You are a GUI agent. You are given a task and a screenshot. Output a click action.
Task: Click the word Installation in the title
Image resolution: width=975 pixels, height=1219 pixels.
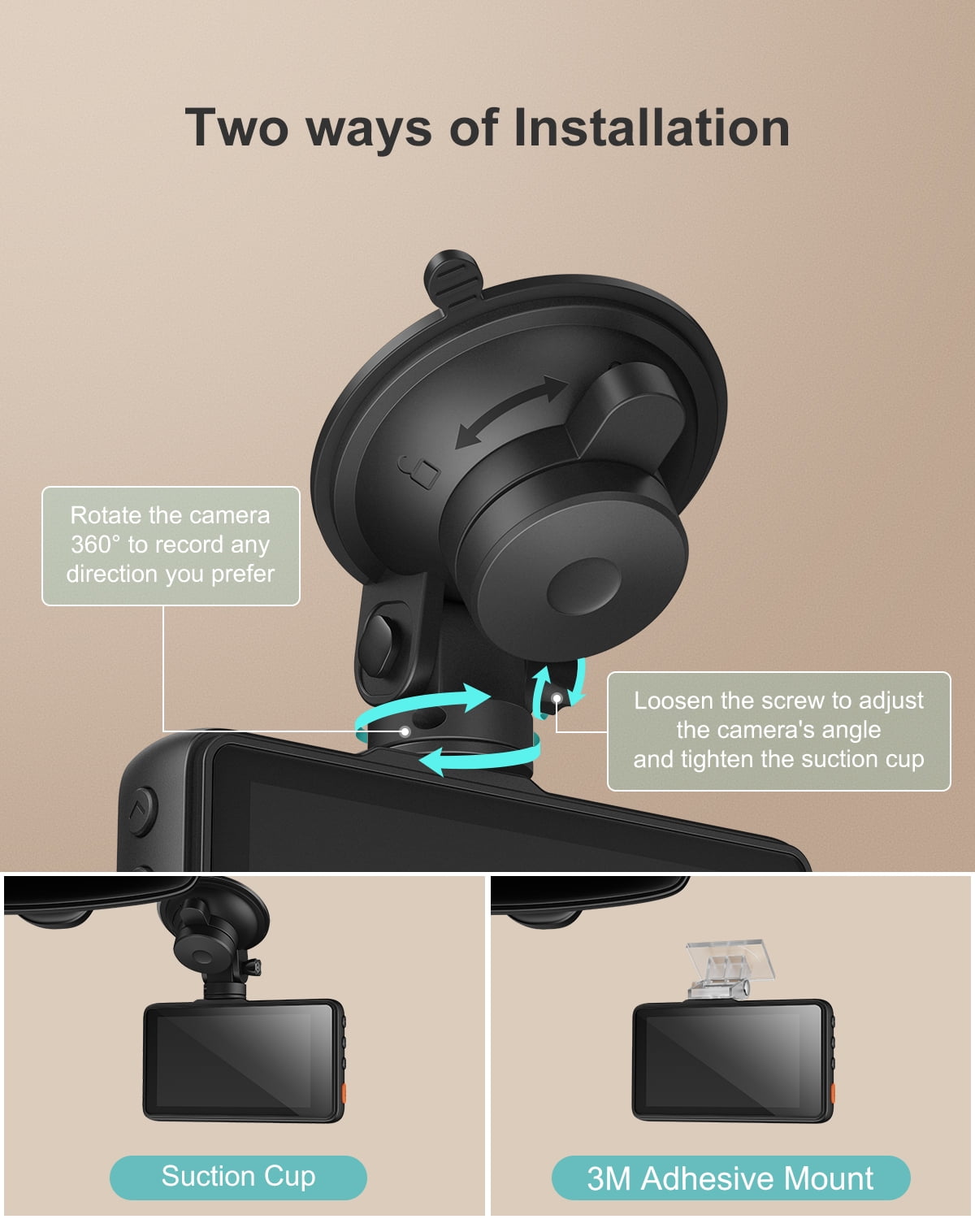pos(652,128)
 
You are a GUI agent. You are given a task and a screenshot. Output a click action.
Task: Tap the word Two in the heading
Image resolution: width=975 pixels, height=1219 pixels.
pos(236,128)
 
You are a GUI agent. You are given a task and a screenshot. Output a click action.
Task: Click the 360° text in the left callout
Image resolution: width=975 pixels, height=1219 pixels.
pos(95,544)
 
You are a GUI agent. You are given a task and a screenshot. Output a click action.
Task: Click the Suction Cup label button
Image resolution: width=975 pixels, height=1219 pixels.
pos(238,1177)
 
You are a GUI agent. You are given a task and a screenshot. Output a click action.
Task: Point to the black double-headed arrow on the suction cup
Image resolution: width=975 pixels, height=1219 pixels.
pos(511,412)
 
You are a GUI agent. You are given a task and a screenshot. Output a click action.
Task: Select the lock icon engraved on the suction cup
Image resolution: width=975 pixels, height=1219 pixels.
pos(420,471)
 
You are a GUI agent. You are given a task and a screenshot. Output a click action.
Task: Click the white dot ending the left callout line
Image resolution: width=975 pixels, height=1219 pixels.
pos(405,731)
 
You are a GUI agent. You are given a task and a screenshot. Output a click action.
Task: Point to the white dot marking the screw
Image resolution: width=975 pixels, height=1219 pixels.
pos(557,697)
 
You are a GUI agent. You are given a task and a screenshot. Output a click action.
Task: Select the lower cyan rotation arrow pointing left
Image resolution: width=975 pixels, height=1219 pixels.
pos(479,758)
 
